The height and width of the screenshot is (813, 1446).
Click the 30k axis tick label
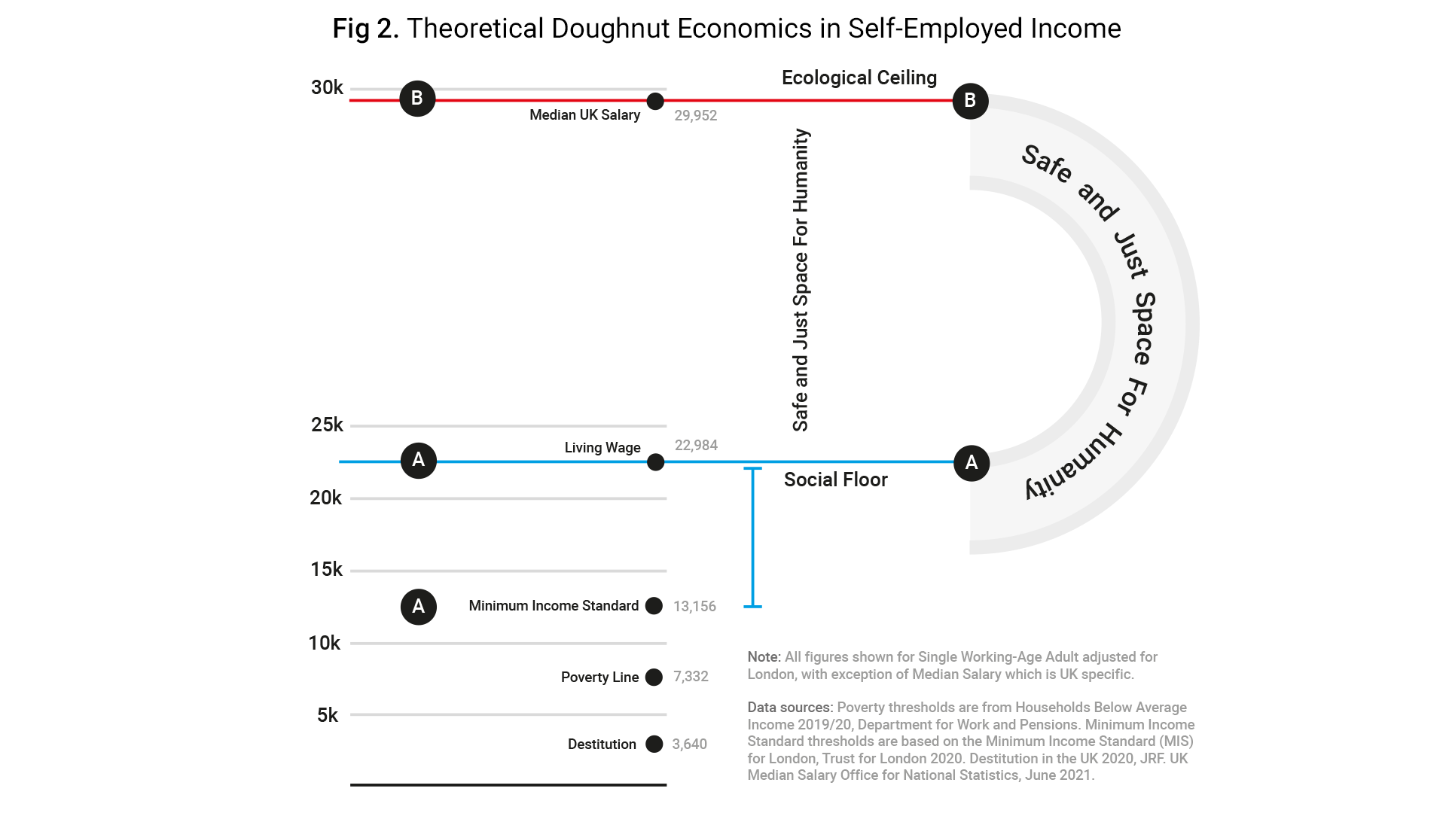327,88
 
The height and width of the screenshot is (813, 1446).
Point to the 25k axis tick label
327,425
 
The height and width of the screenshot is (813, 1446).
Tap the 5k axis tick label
328,715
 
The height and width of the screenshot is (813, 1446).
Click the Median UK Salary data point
655,101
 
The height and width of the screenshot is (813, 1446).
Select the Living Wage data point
656,461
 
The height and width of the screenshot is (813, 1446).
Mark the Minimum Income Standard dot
654,606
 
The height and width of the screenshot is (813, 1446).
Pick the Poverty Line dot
654,677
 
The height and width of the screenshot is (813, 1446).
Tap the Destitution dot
654,744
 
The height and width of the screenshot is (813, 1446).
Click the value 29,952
695,116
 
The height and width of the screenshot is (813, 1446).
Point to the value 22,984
696,446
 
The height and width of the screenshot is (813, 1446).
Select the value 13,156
694,607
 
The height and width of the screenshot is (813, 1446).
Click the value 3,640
689,744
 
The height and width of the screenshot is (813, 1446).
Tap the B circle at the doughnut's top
970,101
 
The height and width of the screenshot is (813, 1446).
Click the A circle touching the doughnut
972,462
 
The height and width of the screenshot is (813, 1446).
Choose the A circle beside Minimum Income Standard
419,607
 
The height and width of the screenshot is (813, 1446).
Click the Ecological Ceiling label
859,78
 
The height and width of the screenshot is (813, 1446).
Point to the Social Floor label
836,480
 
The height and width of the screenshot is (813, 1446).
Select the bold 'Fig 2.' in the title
365,29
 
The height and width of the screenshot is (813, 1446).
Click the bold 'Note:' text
764,657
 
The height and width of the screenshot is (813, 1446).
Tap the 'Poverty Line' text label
599,677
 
